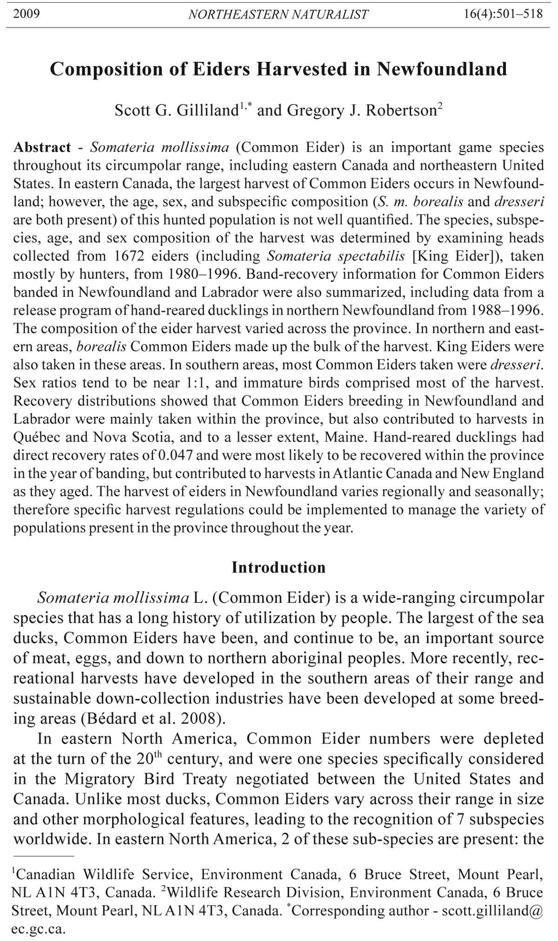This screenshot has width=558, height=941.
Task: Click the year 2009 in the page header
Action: click(27, 14)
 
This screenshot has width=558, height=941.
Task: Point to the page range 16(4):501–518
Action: click(503, 14)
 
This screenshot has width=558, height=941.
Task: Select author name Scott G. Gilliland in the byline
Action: click(177, 111)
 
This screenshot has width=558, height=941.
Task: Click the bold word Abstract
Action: click(42, 148)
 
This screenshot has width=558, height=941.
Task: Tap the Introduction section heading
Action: click(279, 567)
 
